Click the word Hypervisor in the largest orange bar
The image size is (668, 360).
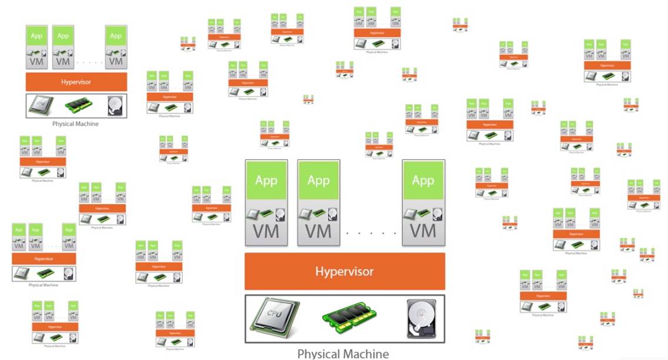[345, 271]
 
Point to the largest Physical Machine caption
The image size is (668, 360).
[343, 354]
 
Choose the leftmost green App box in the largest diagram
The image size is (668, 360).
[266, 180]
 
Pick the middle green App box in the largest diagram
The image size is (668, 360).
[319, 180]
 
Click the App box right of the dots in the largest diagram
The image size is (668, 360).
[423, 180]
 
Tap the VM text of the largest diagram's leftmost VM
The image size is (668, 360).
[266, 230]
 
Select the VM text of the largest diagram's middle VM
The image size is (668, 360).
[319, 230]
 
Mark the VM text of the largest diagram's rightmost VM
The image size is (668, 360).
[423, 230]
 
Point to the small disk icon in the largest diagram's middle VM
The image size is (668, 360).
[333, 213]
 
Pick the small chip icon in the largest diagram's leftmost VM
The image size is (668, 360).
[254, 213]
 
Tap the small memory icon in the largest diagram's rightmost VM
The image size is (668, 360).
[423, 213]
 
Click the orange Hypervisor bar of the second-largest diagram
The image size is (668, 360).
[76, 82]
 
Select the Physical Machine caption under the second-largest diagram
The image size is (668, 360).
[76, 124]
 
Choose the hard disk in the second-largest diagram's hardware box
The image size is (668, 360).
[115, 106]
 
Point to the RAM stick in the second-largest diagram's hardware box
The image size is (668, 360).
[75, 106]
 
